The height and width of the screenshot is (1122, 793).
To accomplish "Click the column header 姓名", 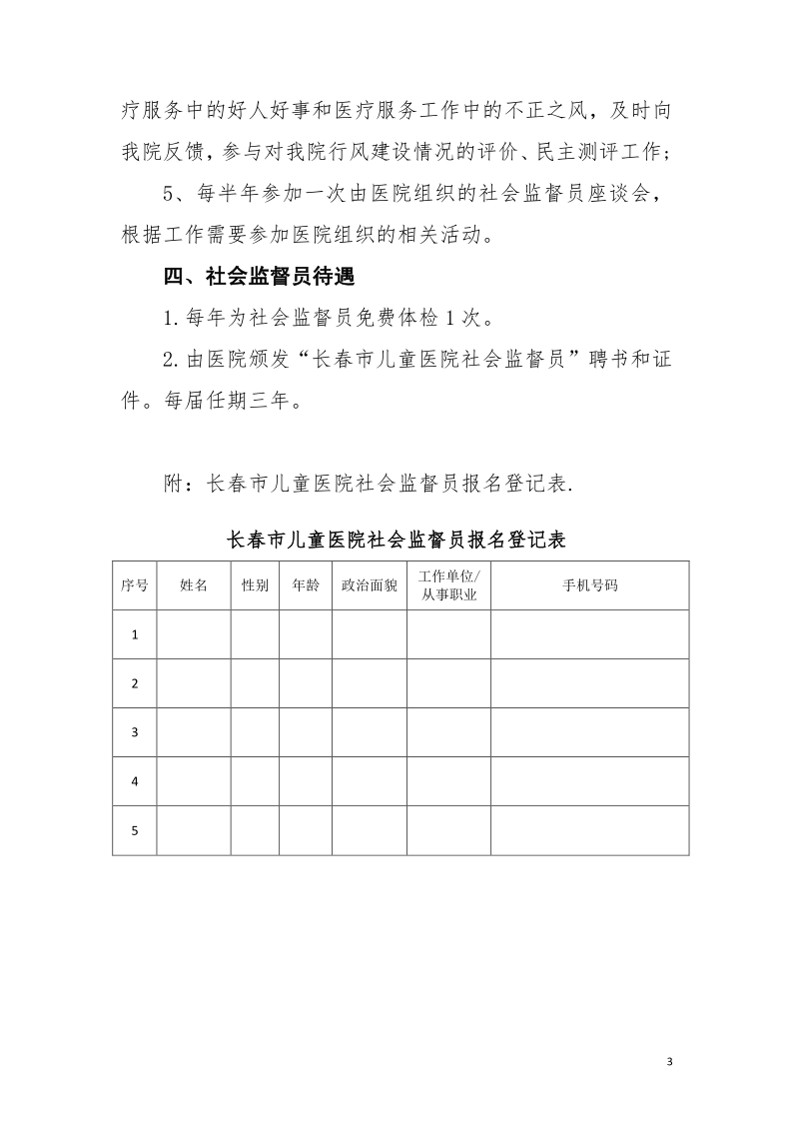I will (x=194, y=585).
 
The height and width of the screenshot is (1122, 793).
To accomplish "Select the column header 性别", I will (x=255, y=585).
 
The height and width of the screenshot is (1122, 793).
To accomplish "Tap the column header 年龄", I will (x=306, y=585).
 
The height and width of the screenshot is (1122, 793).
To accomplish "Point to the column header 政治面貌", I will (x=369, y=585).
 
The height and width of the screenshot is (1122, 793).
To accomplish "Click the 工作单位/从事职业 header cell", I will (x=448, y=585).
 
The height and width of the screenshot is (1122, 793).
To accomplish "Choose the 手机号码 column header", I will (x=590, y=585).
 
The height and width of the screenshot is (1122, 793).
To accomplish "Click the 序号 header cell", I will (x=135, y=585).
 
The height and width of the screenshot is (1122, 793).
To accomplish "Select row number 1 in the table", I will (x=135, y=634).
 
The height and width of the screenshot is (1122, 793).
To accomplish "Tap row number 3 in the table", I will (x=135, y=732).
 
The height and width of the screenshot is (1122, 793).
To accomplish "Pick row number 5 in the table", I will (x=135, y=830).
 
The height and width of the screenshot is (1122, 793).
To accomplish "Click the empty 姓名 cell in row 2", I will (x=194, y=683).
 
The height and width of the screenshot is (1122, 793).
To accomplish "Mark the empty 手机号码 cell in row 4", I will (x=590, y=781).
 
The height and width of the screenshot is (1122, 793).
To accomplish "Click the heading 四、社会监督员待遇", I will (x=260, y=275).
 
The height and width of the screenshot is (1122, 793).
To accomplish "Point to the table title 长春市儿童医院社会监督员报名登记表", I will (x=396, y=541).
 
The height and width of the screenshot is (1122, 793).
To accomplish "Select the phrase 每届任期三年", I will (x=229, y=403).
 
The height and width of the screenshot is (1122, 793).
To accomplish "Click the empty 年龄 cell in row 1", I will (x=306, y=634).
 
